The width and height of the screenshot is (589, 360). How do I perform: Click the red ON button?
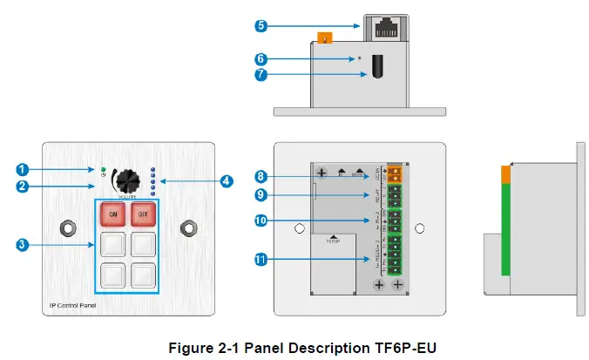click(112, 212)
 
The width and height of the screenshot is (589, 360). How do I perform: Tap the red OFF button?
click(144, 212)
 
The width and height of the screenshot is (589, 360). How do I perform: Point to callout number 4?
click(226, 181)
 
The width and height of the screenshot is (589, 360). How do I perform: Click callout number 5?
click(261, 25)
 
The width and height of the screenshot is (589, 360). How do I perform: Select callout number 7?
click(261, 75)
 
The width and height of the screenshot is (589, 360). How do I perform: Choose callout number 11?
click(261, 258)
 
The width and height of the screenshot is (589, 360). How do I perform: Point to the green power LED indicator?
click(104, 167)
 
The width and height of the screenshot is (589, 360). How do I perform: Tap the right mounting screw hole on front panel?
click(187, 228)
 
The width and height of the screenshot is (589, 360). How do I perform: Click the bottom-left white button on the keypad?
click(112, 275)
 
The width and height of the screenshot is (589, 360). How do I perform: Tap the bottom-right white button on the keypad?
click(144, 275)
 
